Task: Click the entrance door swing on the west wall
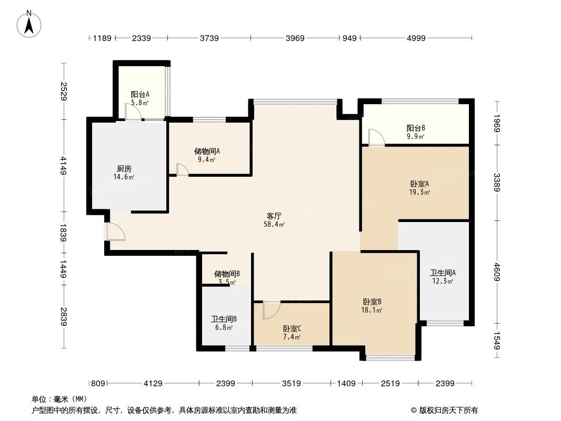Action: tap(115, 231)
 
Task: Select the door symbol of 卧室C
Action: tap(271, 310)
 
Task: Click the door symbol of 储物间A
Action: tap(182, 169)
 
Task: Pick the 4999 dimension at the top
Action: tap(416, 38)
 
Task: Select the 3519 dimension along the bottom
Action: tap(291, 384)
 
